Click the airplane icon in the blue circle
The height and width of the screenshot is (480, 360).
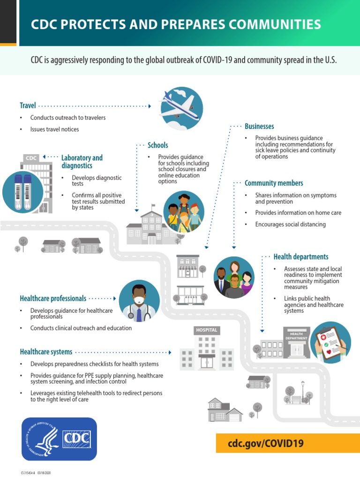click(x=181, y=108)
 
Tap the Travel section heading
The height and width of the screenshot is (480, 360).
click(x=28, y=106)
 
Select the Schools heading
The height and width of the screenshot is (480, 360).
click(x=157, y=145)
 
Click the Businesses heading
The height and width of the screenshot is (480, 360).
click(x=259, y=127)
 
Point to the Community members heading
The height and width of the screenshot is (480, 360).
click(x=274, y=183)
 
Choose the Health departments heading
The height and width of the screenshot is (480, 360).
click(x=301, y=257)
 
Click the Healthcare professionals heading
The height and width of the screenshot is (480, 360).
click(x=53, y=298)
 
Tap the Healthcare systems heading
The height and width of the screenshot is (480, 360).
click(x=46, y=352)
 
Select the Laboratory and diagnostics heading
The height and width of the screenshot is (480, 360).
click(x=82, y=162)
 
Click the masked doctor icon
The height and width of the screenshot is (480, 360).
click(x=139, y=301)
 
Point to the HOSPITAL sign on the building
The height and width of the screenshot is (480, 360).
click(x=207, y=330)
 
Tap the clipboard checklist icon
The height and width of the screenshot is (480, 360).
click(x=330, y=342)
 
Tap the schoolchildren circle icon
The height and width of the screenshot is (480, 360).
click(x=184, y=211)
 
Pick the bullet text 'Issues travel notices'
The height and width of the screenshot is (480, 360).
click(x=54, y=129)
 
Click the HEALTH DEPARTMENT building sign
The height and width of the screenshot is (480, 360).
click(x=296, y=336)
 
